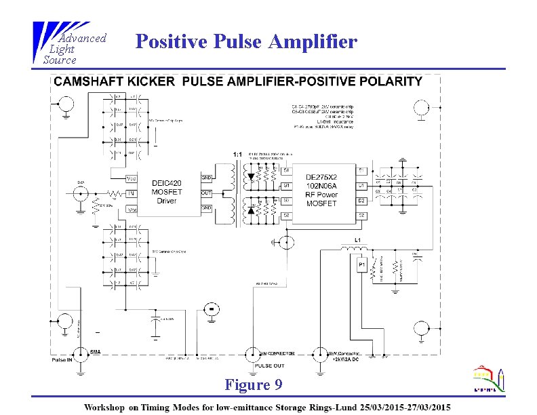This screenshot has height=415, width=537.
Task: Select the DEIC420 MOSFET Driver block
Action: click(x=166, y=191)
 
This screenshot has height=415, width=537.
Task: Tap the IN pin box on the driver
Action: click(x=132, y=194)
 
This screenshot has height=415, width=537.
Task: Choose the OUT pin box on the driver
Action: click(x=207, y=193)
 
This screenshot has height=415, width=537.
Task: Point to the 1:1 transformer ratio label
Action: click(x=237, y=155)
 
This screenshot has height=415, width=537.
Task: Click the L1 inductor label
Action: click(x=357, y=241)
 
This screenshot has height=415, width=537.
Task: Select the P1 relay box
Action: click(x=362, y=264)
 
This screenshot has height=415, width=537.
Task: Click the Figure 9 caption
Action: click(x=253, y=385)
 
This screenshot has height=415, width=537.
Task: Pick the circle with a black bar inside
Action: click(x=212, y=309)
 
